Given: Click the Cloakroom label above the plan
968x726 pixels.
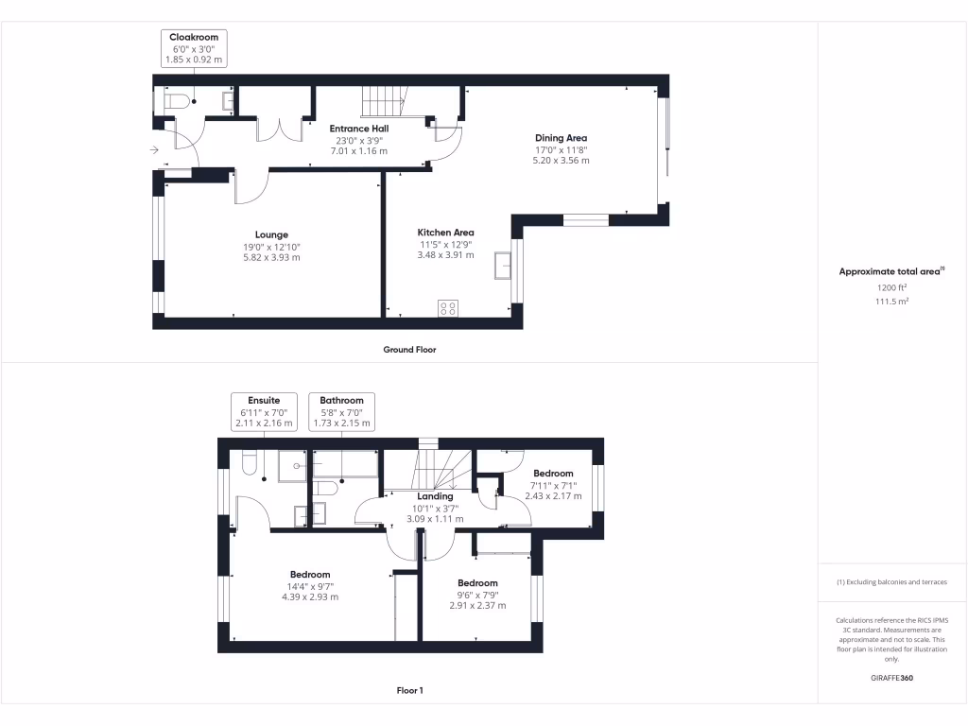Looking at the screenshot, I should point(194,37).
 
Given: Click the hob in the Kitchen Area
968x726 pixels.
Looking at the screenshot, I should point(447,307).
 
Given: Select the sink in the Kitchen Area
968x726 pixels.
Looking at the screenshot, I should point(502,269).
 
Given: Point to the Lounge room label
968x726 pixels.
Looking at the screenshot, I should point(271,234).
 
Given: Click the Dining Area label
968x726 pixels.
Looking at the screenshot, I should point(561,138).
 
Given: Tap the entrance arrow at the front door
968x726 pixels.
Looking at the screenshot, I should point(154,149).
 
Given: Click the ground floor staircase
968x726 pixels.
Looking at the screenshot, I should point(383,101).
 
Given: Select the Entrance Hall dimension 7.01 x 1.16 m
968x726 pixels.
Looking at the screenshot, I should point(358,150).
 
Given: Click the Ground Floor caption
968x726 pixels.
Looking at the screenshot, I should point(409,349).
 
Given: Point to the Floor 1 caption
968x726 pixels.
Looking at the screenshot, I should point(409,691).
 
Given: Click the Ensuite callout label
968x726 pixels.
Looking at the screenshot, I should point(263,400).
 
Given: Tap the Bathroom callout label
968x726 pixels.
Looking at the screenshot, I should point(341,400).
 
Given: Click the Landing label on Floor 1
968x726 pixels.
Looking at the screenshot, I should point(435,495).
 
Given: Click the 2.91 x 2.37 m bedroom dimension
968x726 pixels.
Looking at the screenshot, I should point(477,606).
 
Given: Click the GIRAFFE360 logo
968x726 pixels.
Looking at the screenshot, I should point(892,678).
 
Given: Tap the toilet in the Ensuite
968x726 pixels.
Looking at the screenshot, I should point(251,463).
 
